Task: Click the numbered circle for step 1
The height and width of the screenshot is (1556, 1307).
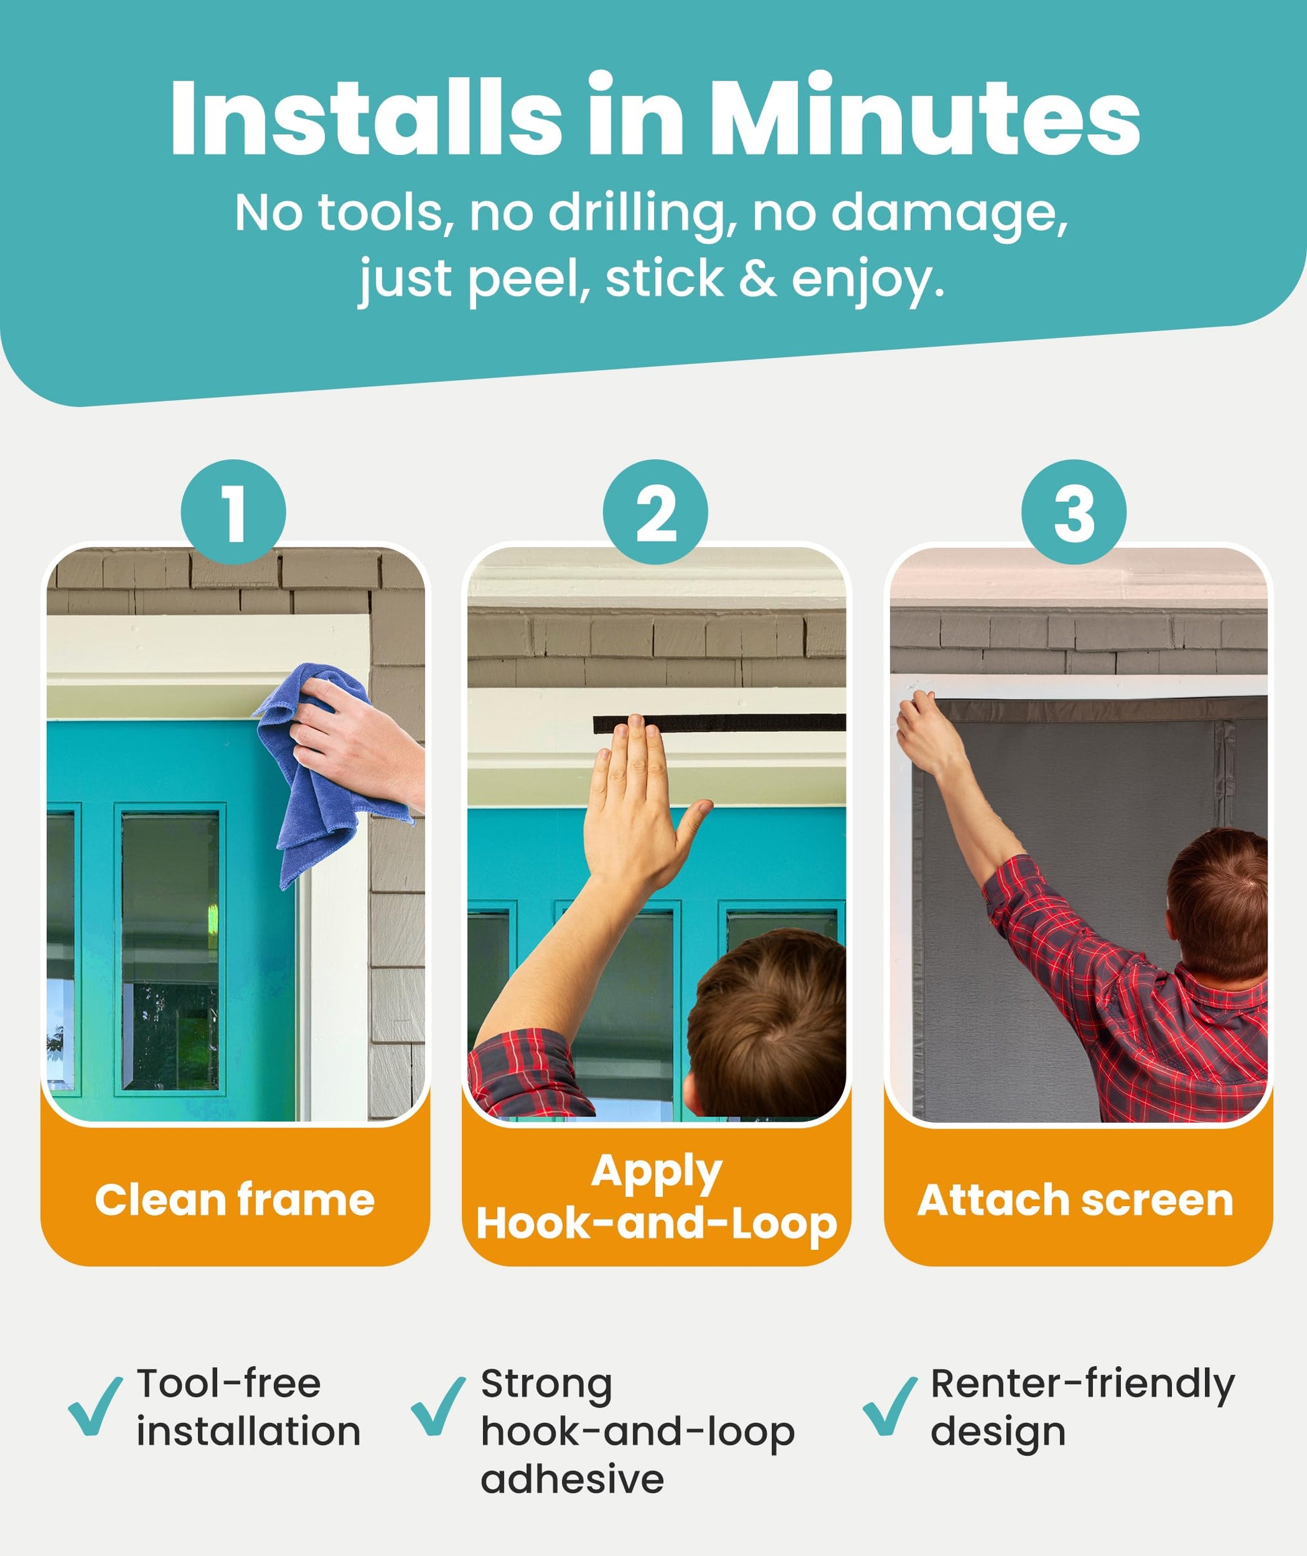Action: click(x=234, y=512)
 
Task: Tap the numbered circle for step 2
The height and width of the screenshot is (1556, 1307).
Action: click(x=655, y=512)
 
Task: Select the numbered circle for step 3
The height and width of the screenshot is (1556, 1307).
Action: click(x=1073, y=512)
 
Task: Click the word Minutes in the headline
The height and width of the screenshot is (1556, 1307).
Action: click(x=928, y=116)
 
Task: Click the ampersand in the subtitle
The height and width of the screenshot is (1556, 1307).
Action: click(x=757, y=279)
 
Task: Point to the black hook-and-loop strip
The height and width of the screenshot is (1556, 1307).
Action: click(x=719, y=724)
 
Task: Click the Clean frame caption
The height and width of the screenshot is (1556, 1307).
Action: click(x=234, y=1199)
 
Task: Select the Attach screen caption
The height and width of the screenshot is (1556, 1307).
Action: click(x=1075, y=1199)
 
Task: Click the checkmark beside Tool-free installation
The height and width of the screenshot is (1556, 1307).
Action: click(x=95, y=1406)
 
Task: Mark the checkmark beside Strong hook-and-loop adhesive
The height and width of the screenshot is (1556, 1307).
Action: click(x=438, y=1406)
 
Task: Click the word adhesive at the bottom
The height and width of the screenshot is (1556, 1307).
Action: click(x=572, y=1479)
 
